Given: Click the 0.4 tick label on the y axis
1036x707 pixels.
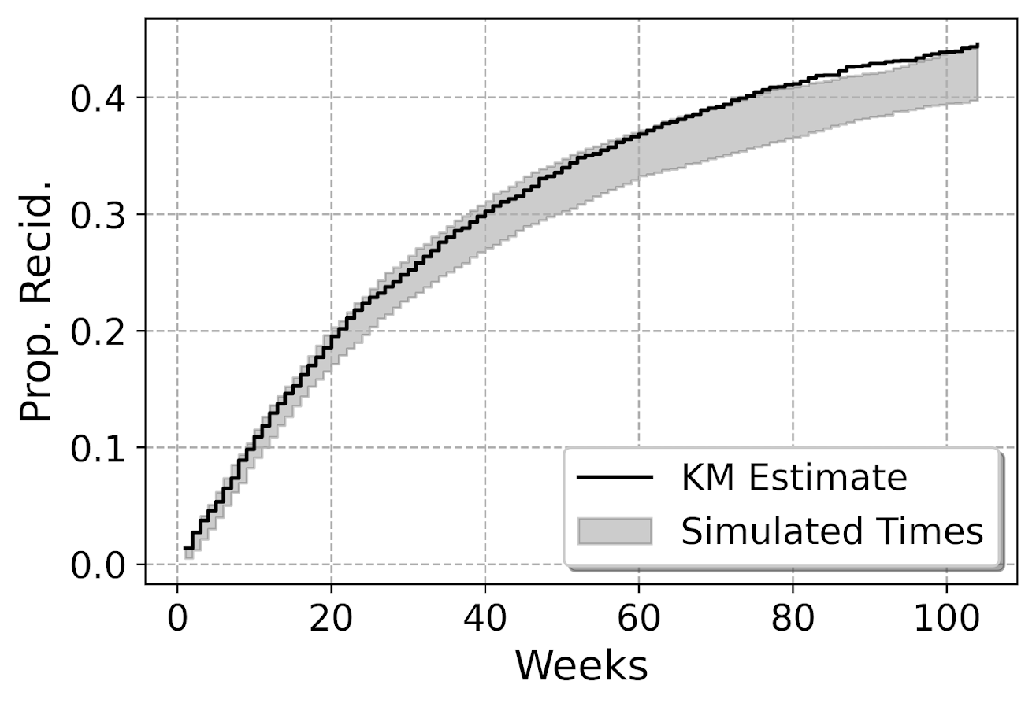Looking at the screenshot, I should (x=98, y=98).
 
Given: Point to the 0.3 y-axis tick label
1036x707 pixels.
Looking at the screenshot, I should (x=98, y=215).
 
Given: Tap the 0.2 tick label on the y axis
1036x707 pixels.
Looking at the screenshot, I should (x=98, y=331).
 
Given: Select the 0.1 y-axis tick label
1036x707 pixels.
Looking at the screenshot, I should (x=98, y=448).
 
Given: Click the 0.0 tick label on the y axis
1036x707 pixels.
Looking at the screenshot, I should (x=98, y=565).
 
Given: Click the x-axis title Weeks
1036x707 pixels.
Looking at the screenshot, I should (x=581, y=666).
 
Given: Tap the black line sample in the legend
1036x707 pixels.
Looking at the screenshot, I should (x=615, y=478).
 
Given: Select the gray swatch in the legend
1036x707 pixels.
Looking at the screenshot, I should (x=615, y=531).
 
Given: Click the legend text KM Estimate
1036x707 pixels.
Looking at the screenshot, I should (x=794, y=478).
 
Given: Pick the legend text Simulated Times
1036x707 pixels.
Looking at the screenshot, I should (x=832, y=532).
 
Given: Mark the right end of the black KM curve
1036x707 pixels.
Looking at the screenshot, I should (x=978, y=46).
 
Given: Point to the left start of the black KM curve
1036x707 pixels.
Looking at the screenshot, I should (x=185, y=548).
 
